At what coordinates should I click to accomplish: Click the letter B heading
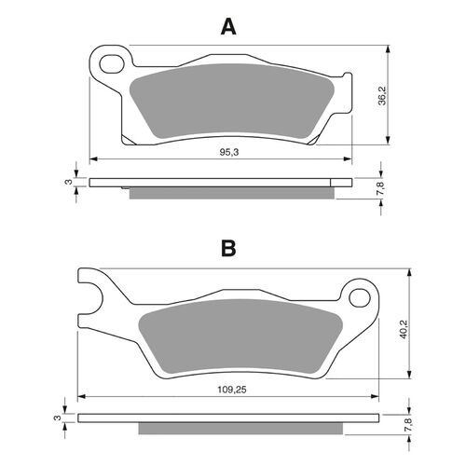tap(228, 249)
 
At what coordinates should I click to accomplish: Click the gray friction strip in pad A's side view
tap(231, 193)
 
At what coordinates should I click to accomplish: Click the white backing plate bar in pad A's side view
tap(222, 182)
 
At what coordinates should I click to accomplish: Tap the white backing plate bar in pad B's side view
tap(230, 420)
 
